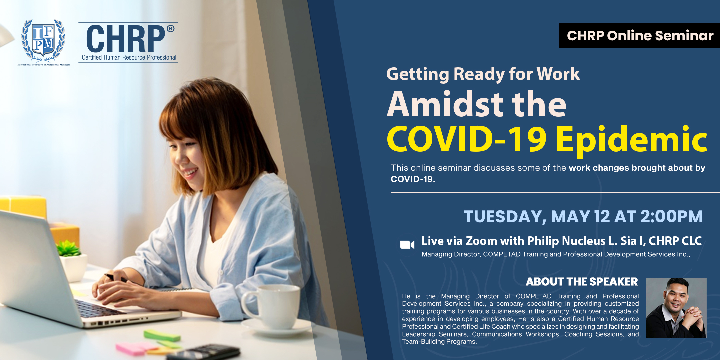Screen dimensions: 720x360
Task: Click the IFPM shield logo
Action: (x=43, y=41)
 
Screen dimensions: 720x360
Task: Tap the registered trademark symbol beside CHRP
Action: (x=170, y=29)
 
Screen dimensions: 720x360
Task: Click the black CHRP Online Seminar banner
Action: (x=639, y=35)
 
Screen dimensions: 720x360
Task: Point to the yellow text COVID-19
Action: (x=467, y=138)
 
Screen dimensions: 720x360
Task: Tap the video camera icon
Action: (x=407, y=245)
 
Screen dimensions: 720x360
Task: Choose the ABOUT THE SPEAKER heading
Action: (x=582, y=282)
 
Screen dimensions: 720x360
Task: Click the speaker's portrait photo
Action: (x=676, y=308)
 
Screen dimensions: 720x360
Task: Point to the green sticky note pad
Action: (x=162, y=335)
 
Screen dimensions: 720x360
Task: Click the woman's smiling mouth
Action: (x=191, y=173)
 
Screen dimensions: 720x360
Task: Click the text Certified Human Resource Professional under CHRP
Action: (x=129, y=57)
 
